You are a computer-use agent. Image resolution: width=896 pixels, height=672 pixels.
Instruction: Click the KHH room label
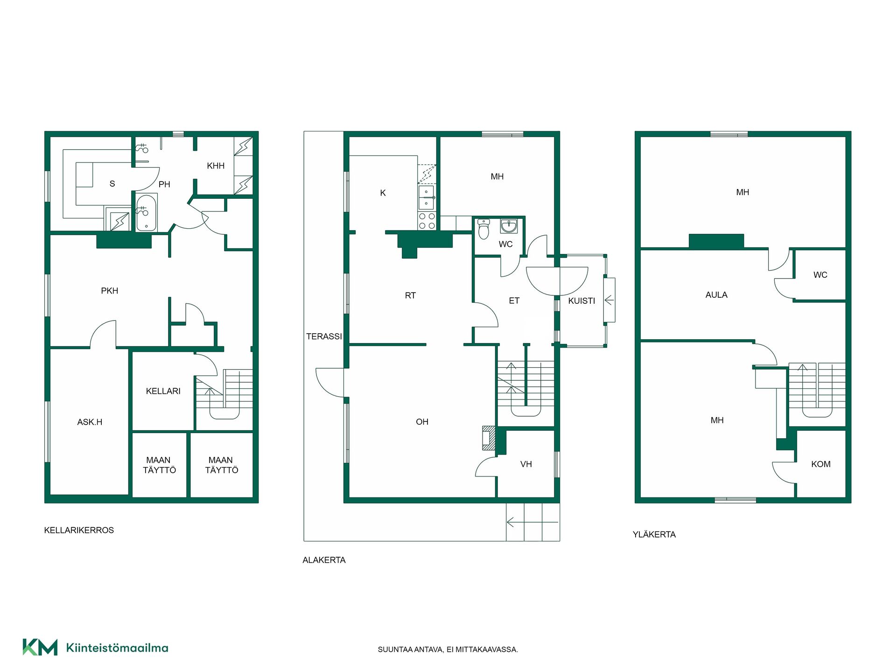click(x=216, y=166)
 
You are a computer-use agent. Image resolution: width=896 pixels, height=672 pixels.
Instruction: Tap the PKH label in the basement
click(x=110, y=291)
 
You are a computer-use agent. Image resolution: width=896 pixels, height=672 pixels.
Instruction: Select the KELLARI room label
click(x=163, y=391)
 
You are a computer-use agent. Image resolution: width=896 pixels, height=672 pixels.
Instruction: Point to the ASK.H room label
click(x=90, y=422)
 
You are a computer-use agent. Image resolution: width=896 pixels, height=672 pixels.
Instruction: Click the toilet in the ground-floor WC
click(x=484, y=229)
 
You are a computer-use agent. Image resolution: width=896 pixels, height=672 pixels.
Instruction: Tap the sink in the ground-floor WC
click(x=509, y=226)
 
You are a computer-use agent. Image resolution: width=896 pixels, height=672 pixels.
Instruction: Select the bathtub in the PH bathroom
click(x=147, y=212)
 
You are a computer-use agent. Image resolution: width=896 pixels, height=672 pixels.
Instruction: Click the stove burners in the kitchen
click(x=427, y=221)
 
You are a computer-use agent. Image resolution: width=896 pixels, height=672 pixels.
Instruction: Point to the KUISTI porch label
click(x=581, y=301)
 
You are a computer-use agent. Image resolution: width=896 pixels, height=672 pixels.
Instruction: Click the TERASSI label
click(x=324, y=336)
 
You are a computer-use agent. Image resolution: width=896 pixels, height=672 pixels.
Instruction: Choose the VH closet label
click(x=526, y=464)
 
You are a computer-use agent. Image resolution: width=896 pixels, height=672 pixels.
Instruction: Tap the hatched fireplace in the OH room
click(x=488, y=438)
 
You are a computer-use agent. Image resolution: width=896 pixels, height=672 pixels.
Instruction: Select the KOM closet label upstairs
click(x=821, y=464)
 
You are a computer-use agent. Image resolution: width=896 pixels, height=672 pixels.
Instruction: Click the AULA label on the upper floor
click(x=716, y=295)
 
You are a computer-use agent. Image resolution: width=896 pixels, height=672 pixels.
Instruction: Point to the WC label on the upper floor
click(x=820, y=275)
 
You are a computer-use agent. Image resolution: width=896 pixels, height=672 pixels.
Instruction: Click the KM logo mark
click(x=40, y=647)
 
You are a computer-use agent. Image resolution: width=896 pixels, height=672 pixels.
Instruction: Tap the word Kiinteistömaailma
click(x=117, y=648)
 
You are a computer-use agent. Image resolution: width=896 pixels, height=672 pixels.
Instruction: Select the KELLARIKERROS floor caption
click(x=79, y=530)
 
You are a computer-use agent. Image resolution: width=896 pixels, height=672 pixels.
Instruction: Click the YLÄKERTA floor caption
click(x=654, y=535)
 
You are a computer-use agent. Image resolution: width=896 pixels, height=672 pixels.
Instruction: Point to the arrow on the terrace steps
click(x=532, y=522)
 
